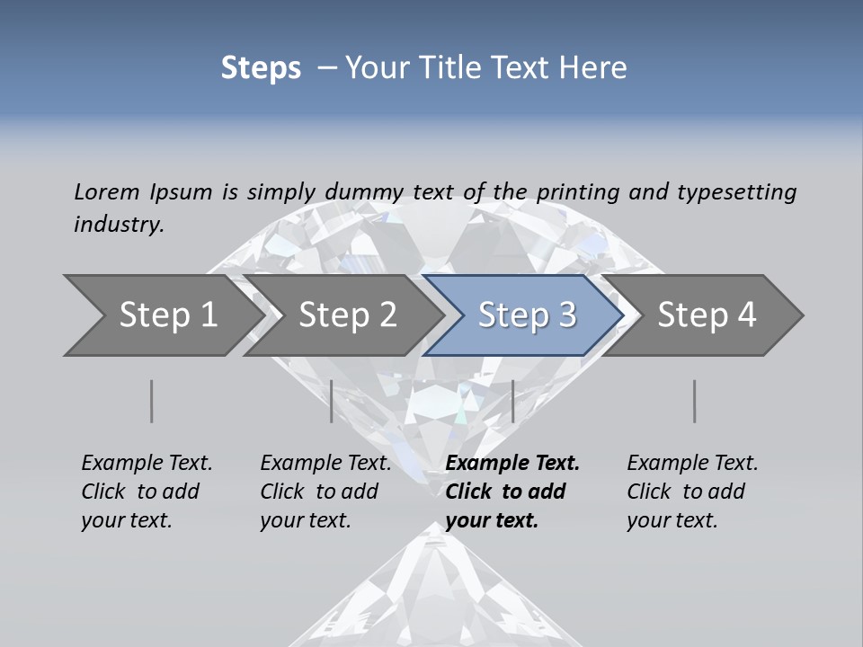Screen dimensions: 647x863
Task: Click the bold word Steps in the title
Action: [x=261, y=67]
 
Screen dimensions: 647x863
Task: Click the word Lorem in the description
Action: [x=107, y=191]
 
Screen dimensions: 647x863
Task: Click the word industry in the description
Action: [x=119, y=224]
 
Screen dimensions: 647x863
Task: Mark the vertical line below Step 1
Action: [x=152, y=401]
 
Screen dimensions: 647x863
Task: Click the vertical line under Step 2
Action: [x=332, y=401]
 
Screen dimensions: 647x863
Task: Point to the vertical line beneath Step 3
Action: [x=512, y=401]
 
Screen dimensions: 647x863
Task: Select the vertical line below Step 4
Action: [x=695, y=401]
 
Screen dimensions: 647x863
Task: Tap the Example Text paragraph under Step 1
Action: [x=147, y=491]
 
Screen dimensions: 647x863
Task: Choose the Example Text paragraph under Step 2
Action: [x=325, y=491]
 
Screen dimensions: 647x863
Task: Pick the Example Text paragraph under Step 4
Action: [x=692, y=491]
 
